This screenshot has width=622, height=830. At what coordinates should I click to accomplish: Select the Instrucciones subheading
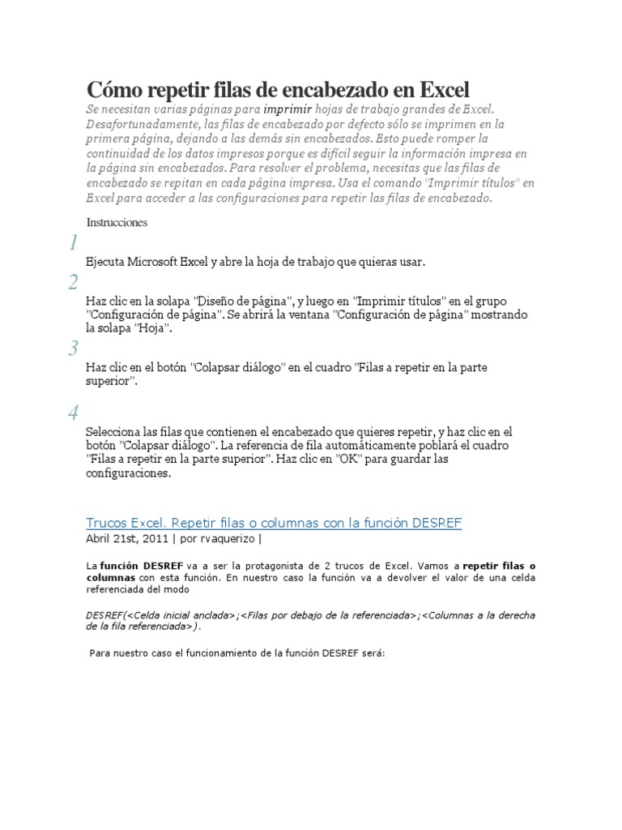(x=117, y=221)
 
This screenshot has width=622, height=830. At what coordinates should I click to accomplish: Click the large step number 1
(x=73, y=243)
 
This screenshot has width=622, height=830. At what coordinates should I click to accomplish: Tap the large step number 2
(x=73, y=282)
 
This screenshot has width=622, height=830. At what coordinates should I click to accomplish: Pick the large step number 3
(x=73, y=349)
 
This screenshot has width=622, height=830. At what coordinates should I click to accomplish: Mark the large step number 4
(x=73, y=413)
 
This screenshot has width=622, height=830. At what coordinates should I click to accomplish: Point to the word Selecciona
(x=116, y=432)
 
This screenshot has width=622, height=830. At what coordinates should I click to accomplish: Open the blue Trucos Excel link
(x=274, y=523)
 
